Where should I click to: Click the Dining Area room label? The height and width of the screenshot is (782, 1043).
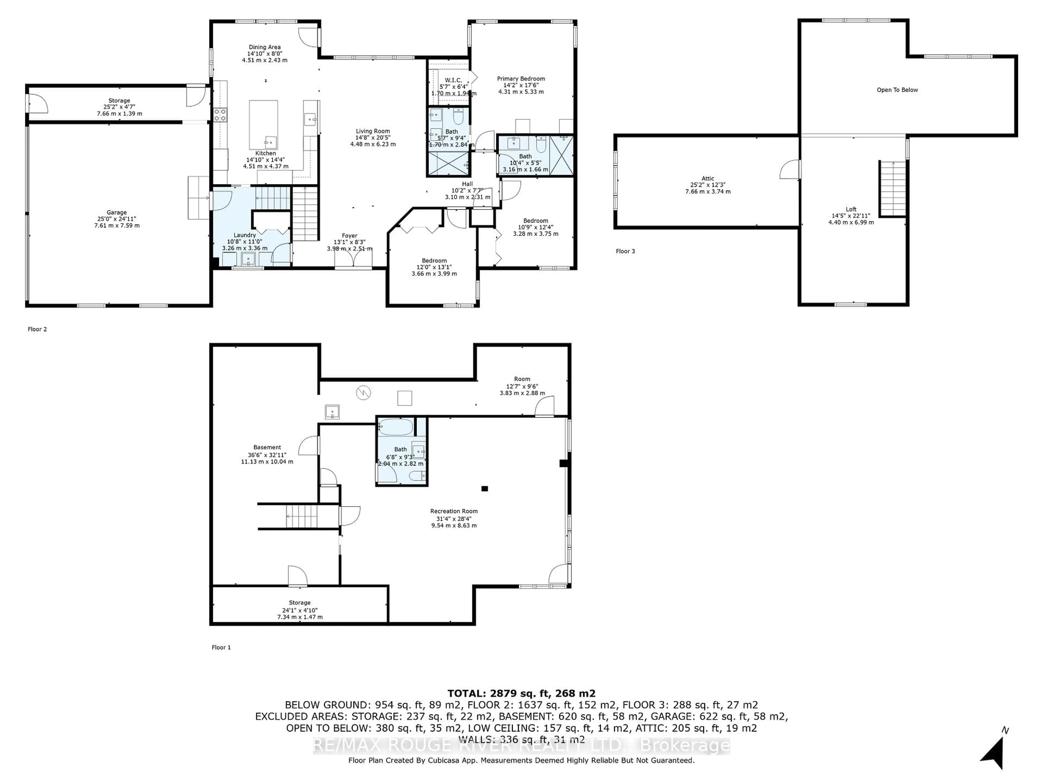point(265,47)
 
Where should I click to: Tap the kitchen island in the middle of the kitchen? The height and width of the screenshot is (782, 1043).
point(263,124)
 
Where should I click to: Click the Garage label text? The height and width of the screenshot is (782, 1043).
point(117,213)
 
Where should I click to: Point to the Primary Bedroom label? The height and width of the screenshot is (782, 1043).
point(521,79)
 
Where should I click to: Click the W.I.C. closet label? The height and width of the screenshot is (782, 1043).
point(453,80)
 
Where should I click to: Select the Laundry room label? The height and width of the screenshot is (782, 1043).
point(245,235)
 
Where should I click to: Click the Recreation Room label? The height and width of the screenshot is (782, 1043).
point(454,511)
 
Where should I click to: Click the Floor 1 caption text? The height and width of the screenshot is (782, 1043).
point(221,647)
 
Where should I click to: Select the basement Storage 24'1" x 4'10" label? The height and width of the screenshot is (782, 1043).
point(299,610)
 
